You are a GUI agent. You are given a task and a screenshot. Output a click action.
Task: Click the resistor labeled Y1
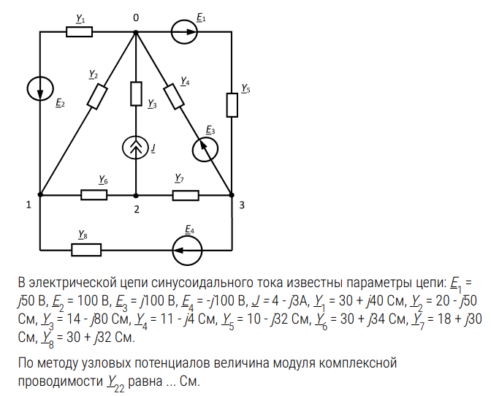79,31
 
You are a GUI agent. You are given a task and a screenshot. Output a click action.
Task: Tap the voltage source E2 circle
39,89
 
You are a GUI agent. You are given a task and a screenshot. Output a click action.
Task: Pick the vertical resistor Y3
136,94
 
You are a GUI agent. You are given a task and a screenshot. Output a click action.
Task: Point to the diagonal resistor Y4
174,96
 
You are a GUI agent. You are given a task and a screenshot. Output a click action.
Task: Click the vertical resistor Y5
232,104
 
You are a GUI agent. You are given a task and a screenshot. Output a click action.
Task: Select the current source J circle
136,147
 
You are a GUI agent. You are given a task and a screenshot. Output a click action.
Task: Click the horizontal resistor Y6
94,195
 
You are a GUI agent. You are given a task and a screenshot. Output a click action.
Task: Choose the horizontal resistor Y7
186,195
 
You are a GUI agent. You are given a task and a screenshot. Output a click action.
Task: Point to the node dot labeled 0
136,31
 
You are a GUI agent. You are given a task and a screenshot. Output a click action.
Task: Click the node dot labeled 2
136,195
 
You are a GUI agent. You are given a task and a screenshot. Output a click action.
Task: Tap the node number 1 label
28,205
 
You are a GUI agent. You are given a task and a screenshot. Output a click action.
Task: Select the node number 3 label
242,205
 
